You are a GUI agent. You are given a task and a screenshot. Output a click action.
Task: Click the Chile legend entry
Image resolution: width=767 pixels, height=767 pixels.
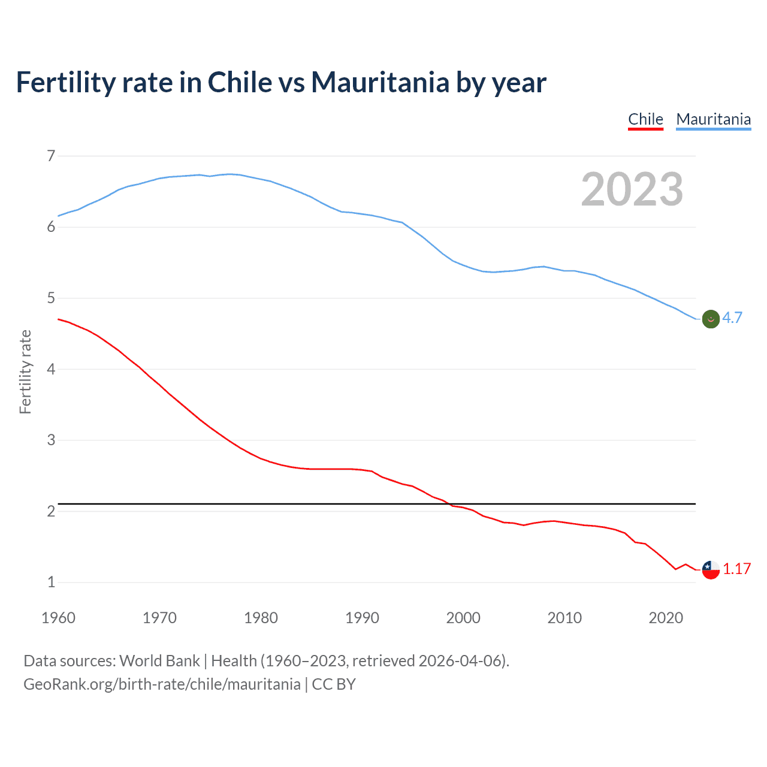tap(645, 119)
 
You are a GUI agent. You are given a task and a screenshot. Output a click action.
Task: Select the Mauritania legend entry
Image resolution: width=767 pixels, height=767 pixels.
tap(713, 119)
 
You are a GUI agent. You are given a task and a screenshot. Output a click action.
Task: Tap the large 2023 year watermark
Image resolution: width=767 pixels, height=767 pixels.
tap(632, 189)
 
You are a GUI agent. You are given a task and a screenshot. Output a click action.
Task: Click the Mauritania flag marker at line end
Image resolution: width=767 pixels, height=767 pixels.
tap(711, 319)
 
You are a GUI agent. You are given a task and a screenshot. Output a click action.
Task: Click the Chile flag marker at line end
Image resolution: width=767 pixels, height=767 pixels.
tap(711, 569)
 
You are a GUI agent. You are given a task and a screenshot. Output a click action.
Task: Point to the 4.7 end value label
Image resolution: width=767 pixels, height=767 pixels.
tap(732, 318)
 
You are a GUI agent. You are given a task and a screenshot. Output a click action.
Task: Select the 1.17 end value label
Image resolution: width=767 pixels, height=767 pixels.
tap(736, 569)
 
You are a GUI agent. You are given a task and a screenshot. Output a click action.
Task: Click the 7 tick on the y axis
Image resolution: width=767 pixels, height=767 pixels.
tap(51, 156)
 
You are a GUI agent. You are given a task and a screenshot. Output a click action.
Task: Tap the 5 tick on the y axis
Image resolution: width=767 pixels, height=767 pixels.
tap(51, 298)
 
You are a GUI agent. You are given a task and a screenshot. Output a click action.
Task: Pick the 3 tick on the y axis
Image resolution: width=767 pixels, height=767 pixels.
tap(51, 440)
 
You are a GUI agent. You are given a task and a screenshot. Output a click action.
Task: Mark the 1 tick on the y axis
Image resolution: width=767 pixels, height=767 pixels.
tap(51, 582)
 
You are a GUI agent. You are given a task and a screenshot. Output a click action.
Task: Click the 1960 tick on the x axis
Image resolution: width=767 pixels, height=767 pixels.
tap(58, 618)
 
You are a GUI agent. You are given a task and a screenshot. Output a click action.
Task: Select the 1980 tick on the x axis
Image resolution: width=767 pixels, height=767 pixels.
tap(261, 618)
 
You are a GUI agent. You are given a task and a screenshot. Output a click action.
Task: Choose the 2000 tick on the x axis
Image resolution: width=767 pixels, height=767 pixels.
tap(463, 618)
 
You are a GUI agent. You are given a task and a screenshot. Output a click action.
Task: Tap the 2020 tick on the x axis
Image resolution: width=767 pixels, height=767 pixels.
tap(666, 618)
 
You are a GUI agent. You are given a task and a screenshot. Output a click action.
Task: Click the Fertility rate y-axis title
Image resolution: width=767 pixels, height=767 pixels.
tap(25, 372)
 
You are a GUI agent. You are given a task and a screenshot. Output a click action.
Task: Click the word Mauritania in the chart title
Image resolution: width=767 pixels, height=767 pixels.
tap(380, 83)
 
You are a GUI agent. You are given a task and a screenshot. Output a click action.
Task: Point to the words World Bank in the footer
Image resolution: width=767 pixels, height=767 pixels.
tap(159, 661)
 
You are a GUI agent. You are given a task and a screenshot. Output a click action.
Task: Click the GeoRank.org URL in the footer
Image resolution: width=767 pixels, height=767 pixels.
tap(162, 684)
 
